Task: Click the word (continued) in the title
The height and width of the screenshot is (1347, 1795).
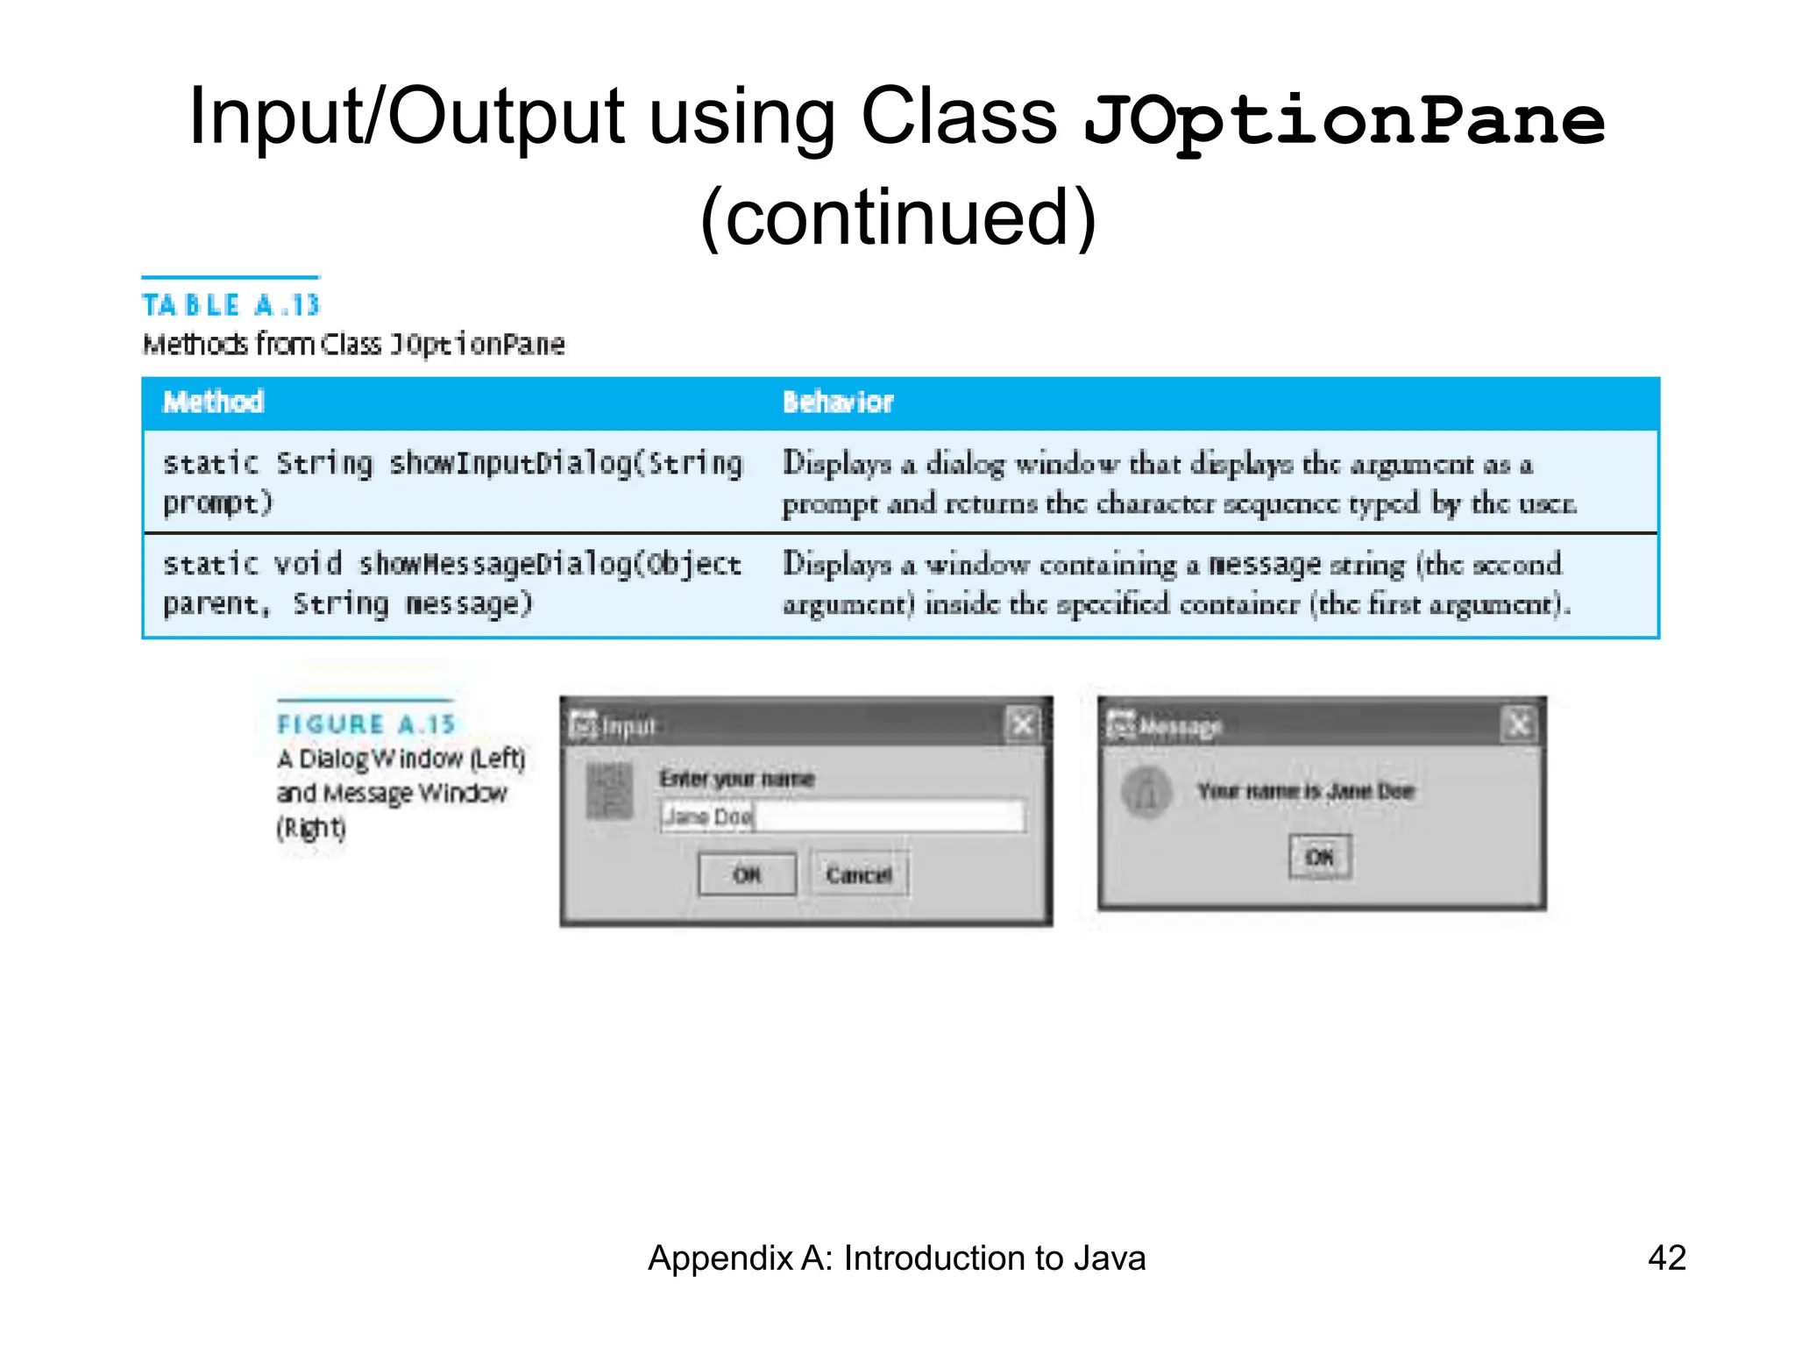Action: coord(897,217)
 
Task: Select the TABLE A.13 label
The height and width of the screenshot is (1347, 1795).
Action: coord(231,305)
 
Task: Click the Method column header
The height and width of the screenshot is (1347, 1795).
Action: coord(214,402)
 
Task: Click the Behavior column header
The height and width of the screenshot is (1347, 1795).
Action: coord(837,402)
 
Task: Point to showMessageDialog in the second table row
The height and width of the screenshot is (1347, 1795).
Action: coord(494,564)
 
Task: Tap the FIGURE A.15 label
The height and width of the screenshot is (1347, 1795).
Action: coord(366,724)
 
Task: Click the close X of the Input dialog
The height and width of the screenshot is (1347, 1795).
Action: coord(1022,725)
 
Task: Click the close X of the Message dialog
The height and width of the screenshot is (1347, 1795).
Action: coord(1519,725)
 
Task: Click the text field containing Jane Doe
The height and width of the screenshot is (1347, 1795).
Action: coord(841,816)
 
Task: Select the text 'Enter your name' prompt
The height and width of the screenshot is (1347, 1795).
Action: coord(736,779)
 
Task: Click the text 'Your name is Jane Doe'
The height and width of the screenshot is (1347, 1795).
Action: coord(1306,791)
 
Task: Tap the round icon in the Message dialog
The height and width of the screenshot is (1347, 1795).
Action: coord(1146,792)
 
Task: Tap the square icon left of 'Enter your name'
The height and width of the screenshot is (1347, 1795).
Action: coord(608,791)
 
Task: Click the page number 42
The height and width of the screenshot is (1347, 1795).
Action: coord(1666,1258)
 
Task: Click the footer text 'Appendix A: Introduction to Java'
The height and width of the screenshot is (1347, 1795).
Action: coord(897,1258)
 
